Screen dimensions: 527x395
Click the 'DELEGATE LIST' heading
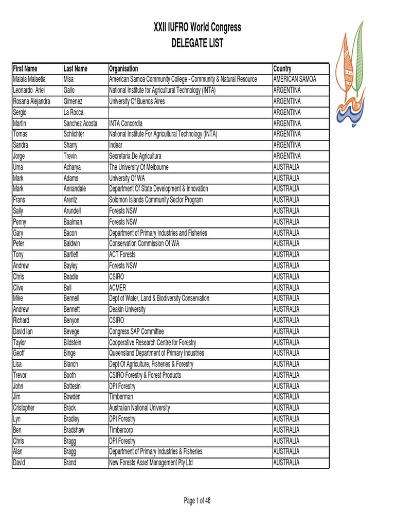tap(197, 43)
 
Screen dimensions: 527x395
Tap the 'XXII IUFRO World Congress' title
tap(197, 27)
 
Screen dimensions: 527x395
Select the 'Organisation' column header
tap(123, 68)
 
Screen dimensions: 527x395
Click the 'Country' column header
tap(282, 68)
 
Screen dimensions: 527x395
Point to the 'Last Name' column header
tap(75, 68)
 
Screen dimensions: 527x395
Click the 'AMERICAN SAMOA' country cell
tap(295, 79)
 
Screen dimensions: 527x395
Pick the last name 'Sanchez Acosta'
tap(80, 124)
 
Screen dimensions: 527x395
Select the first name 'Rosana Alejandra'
tap(32, 101)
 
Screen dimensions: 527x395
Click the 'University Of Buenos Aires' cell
tap(137, 101)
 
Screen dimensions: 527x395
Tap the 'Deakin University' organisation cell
tap(127, 309)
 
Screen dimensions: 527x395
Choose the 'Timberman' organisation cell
tap(122, 397)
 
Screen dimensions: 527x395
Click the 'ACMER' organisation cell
tap(118, 287)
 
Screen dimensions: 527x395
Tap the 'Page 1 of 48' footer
tap(197, 501)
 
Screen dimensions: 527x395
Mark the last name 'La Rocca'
tap(73, 112)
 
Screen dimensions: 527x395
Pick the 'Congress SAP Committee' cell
tap(136, 331)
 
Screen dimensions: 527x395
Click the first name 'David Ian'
tap(25, 331)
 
